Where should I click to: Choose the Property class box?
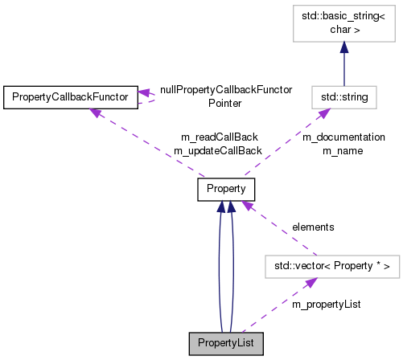coord(226,190)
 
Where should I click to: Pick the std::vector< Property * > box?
coord(332,267)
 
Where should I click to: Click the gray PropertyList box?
coord(226,344)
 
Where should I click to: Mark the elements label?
coord(313,227)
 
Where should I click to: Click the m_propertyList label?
coord(326,305)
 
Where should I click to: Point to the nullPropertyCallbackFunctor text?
coord(226,90)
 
